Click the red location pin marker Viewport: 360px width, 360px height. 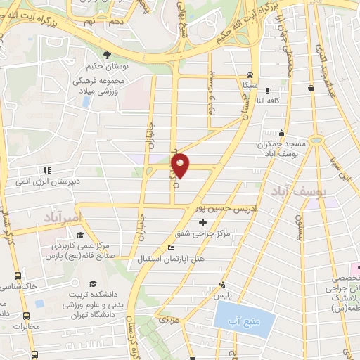(181, 165)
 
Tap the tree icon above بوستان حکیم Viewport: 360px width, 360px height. (106, 54)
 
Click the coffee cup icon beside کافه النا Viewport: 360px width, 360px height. (311, 88)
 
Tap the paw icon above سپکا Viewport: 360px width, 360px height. (250, 74)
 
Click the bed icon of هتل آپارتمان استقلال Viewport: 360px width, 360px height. (172, 247)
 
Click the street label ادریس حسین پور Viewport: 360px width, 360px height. (209, 210)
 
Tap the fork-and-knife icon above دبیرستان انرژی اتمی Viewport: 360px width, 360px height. (47, 169)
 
